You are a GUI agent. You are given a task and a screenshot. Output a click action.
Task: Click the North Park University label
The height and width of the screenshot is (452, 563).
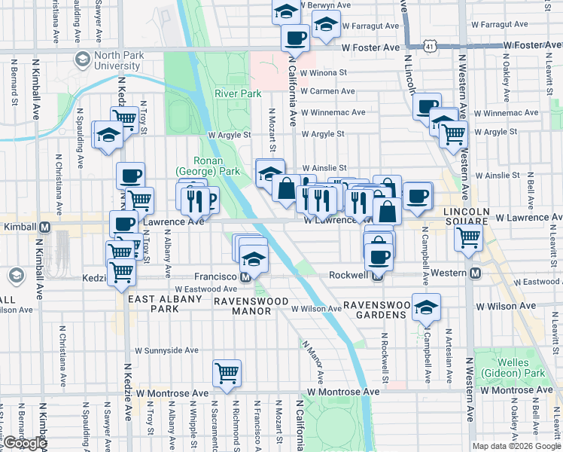[107, 60]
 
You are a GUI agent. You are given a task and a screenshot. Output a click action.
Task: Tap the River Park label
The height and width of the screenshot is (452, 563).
[237, 94]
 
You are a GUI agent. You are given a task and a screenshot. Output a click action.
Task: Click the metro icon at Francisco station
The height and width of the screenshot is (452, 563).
[245, 276]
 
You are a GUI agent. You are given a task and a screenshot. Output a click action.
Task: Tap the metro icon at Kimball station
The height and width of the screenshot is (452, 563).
[44, 227]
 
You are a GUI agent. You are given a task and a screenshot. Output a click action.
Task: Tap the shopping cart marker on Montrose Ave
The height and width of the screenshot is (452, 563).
[227, 372]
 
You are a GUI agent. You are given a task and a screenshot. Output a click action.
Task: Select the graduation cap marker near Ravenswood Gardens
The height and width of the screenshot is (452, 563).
[426, 307]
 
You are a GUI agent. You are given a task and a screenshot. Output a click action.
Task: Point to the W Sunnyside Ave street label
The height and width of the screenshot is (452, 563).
[166, 350]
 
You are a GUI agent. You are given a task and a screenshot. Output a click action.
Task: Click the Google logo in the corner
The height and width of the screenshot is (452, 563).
[24, 444]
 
